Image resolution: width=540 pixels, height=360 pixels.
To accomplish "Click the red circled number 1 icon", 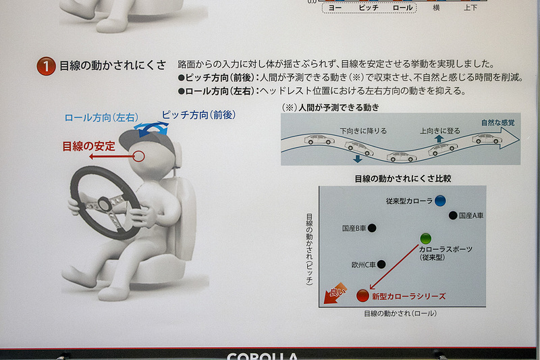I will (46, 66).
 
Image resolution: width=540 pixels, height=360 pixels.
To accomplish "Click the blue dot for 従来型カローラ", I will (440, 201).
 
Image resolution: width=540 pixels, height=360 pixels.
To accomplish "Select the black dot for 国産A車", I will (453, 215).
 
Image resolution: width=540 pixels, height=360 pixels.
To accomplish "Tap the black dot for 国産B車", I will (372, 228).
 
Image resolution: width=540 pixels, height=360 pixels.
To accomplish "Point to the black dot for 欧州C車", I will (381, 265).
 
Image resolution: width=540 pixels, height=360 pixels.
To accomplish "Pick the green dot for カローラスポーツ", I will (425, 238).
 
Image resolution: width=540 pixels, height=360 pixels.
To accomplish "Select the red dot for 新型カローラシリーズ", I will (362, 295).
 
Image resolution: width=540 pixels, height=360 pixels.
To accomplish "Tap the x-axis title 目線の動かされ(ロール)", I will (400, 313).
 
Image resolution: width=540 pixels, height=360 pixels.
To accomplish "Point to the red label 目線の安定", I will (88, 145).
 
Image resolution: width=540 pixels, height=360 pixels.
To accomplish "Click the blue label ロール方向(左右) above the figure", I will (101, 118).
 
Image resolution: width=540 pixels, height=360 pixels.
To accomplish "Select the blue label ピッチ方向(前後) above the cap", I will (198, 115).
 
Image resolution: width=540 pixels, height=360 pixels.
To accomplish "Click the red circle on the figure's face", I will (139, 157).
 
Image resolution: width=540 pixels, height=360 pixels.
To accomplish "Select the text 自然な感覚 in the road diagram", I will (497, 122).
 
